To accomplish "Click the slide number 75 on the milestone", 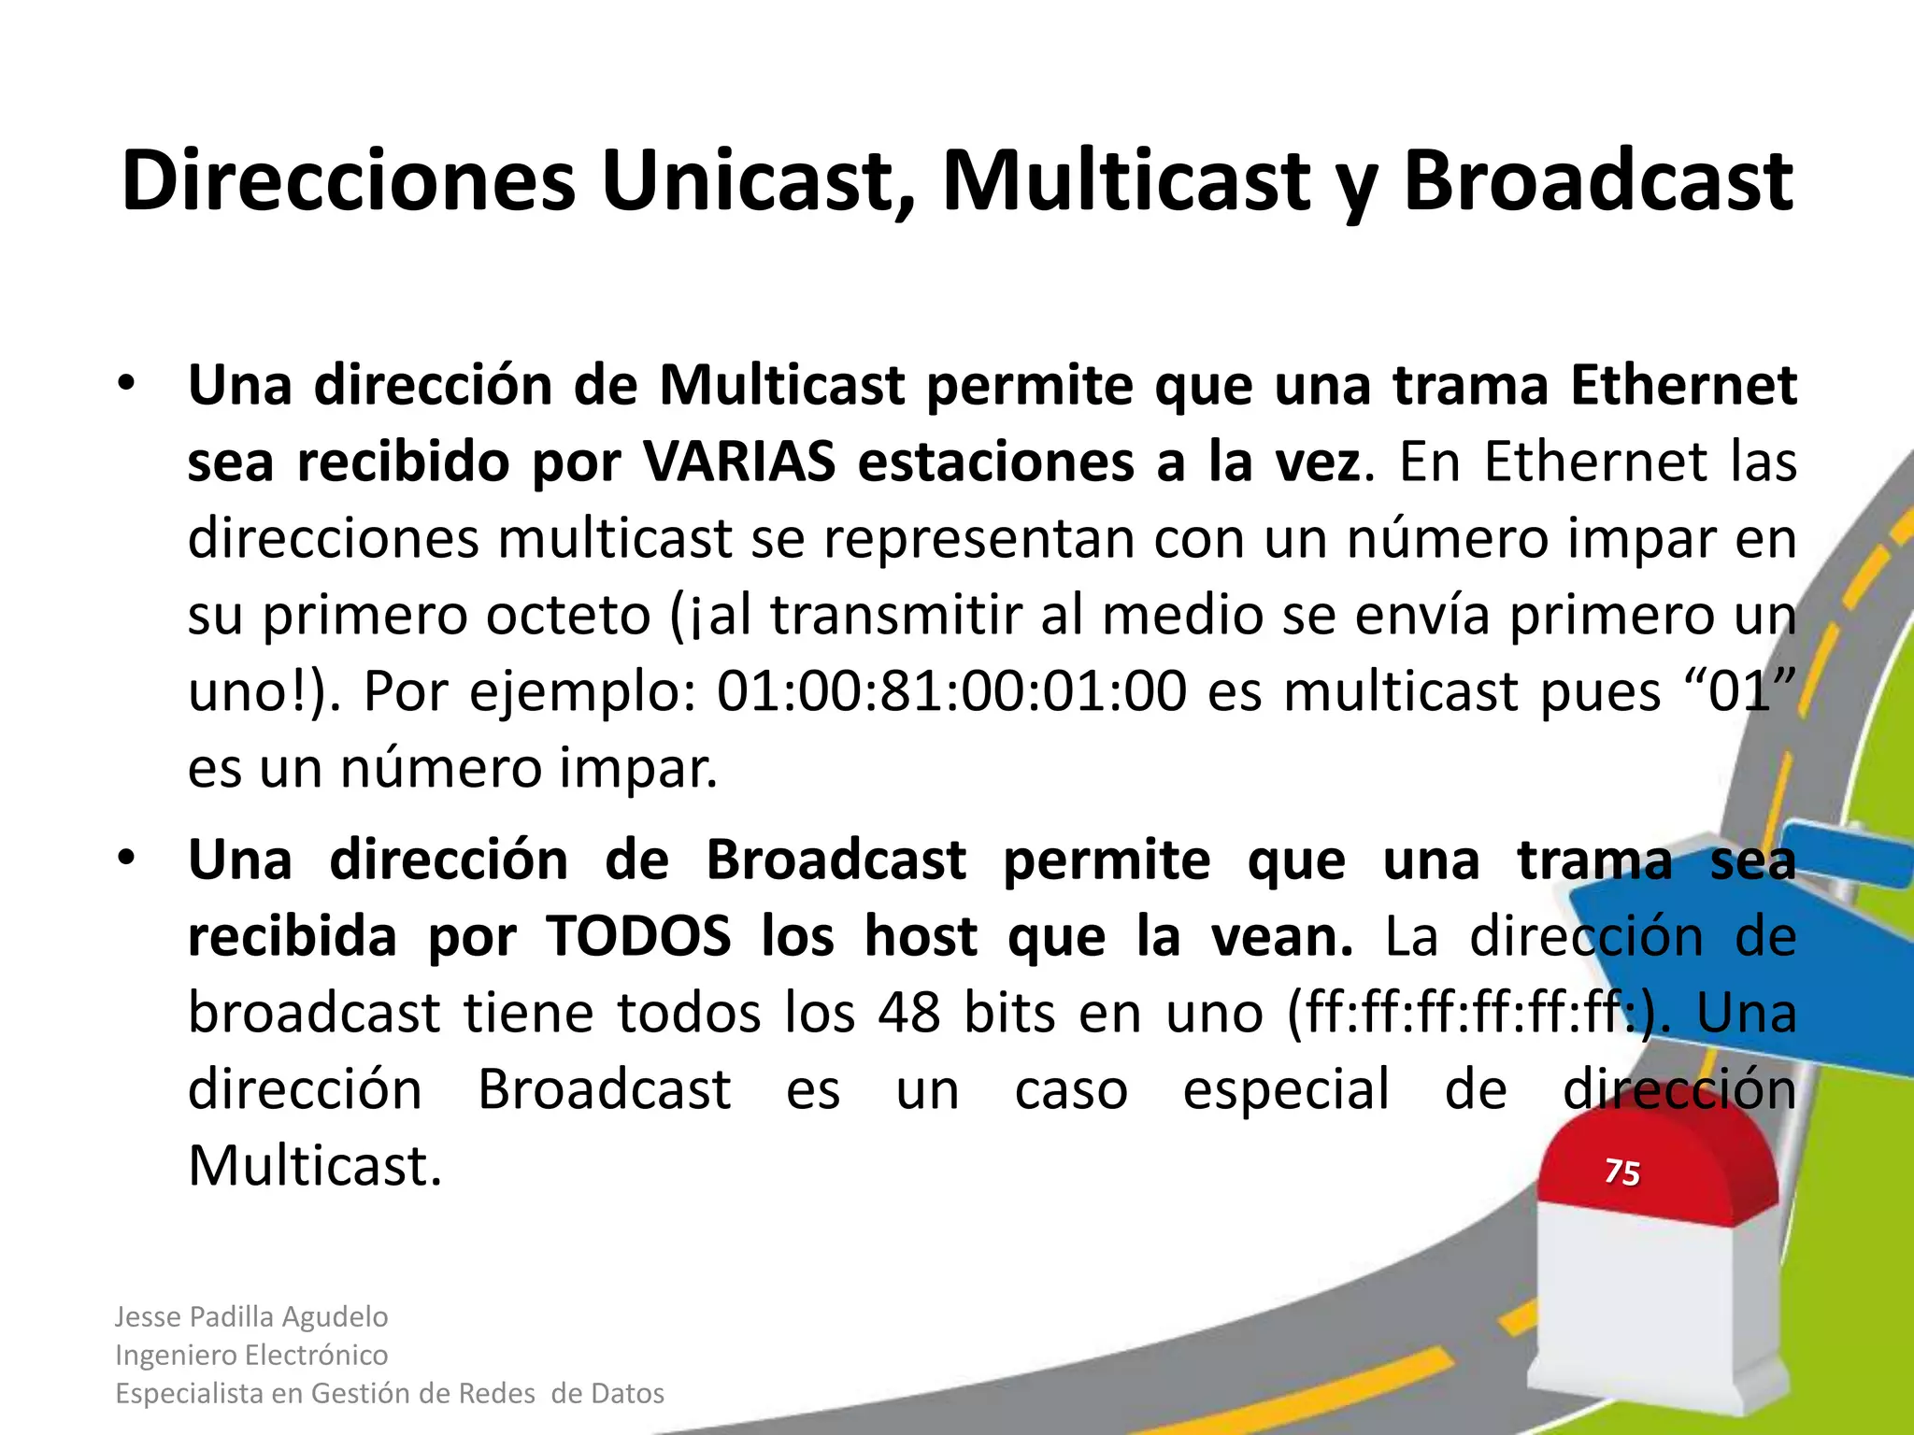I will tap(1621, 1172).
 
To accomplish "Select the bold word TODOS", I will tap(639, 936).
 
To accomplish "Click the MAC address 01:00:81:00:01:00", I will tap(951, 692).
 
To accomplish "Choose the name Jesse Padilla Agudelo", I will tap(251, 1316).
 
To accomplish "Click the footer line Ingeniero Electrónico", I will tap(251, 1355).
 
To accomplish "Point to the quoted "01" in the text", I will tap(1738, 692).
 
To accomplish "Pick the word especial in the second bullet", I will tap(1286, 1089).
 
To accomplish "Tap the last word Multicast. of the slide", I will tap(315, 1166).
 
